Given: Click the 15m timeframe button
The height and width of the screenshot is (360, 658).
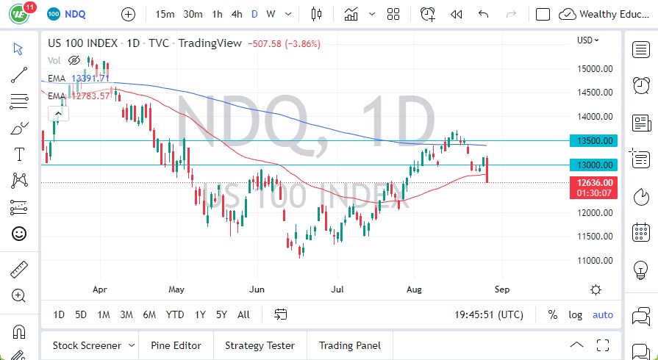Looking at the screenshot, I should click(x=165, y=14).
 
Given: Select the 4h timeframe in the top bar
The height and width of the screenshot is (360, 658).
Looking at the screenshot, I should click(x=237, y=14).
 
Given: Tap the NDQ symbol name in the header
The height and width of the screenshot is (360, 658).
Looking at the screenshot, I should click(x=75, y=14).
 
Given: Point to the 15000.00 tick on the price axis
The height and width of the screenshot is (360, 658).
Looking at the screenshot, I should click(x=596, y=68).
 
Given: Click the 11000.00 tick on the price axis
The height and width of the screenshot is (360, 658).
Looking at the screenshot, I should click(x=596, y=260).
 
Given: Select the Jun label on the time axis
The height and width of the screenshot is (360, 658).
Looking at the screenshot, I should click(x=256, y=289).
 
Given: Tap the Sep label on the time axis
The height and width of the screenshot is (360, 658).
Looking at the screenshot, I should click(x=501, y=289).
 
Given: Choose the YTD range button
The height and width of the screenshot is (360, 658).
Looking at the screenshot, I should click(x=174, y=314).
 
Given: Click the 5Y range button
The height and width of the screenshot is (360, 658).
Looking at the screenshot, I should click(x=221, y=314).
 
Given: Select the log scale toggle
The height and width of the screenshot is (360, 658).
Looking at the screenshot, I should click(x=575, y=314).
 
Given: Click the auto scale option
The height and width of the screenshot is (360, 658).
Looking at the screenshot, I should click(x=603, y=314).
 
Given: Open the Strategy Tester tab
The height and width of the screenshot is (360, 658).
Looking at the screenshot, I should click(x=260, y=345).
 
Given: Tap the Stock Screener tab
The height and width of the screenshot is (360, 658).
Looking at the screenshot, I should click(x=86, y=345).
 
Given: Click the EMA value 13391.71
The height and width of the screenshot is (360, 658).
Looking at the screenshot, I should click(x=90, y=78).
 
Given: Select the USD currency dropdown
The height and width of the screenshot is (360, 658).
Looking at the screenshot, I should click(x=588, y=40).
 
